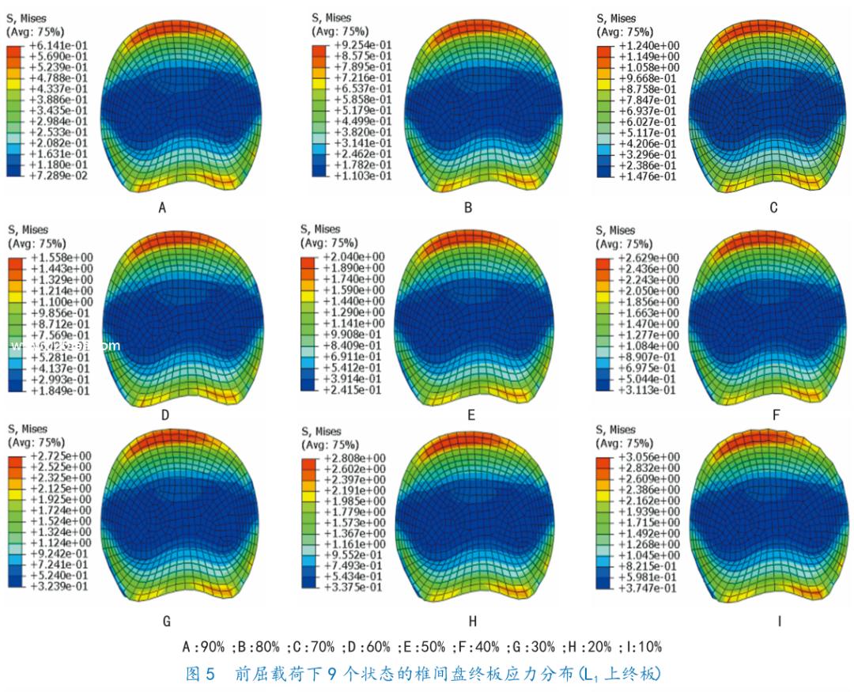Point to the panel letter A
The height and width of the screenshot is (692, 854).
pos(162,209)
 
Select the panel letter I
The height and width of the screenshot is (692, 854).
pos(779,622)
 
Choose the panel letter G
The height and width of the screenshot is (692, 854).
pos(166,622)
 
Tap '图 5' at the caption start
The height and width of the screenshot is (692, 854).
pos(195,675)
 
